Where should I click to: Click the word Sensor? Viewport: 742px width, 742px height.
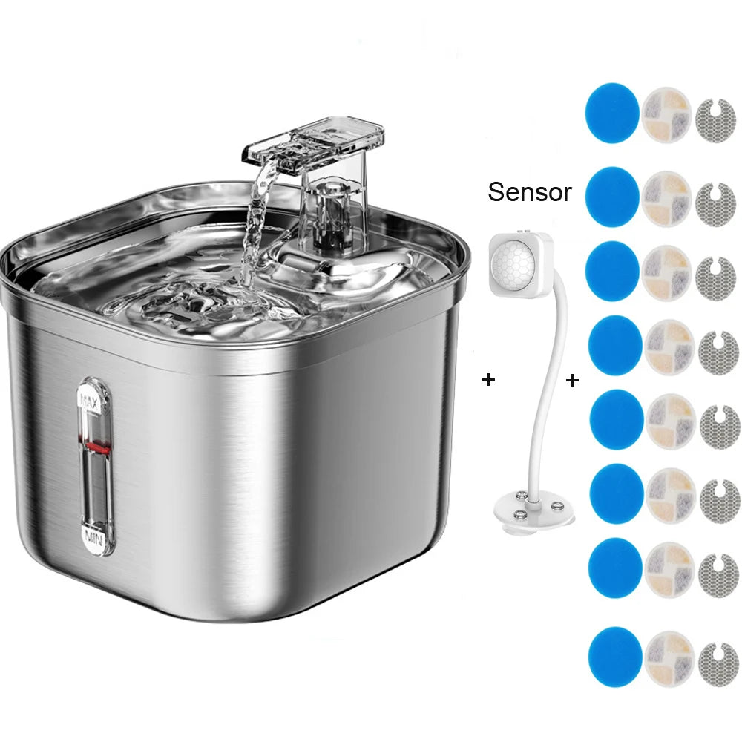tap(529, 192)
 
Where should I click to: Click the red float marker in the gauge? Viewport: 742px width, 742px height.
tap(94, 445)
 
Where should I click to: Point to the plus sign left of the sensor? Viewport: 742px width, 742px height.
tap(488, 380)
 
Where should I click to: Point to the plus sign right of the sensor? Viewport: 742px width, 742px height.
tap(572, 381)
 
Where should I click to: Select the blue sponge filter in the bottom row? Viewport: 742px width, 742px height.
tap(614, 656)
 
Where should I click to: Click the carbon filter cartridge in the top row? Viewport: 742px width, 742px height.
tap(666, 115)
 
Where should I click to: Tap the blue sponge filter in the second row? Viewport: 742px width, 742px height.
tap(612, 197)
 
